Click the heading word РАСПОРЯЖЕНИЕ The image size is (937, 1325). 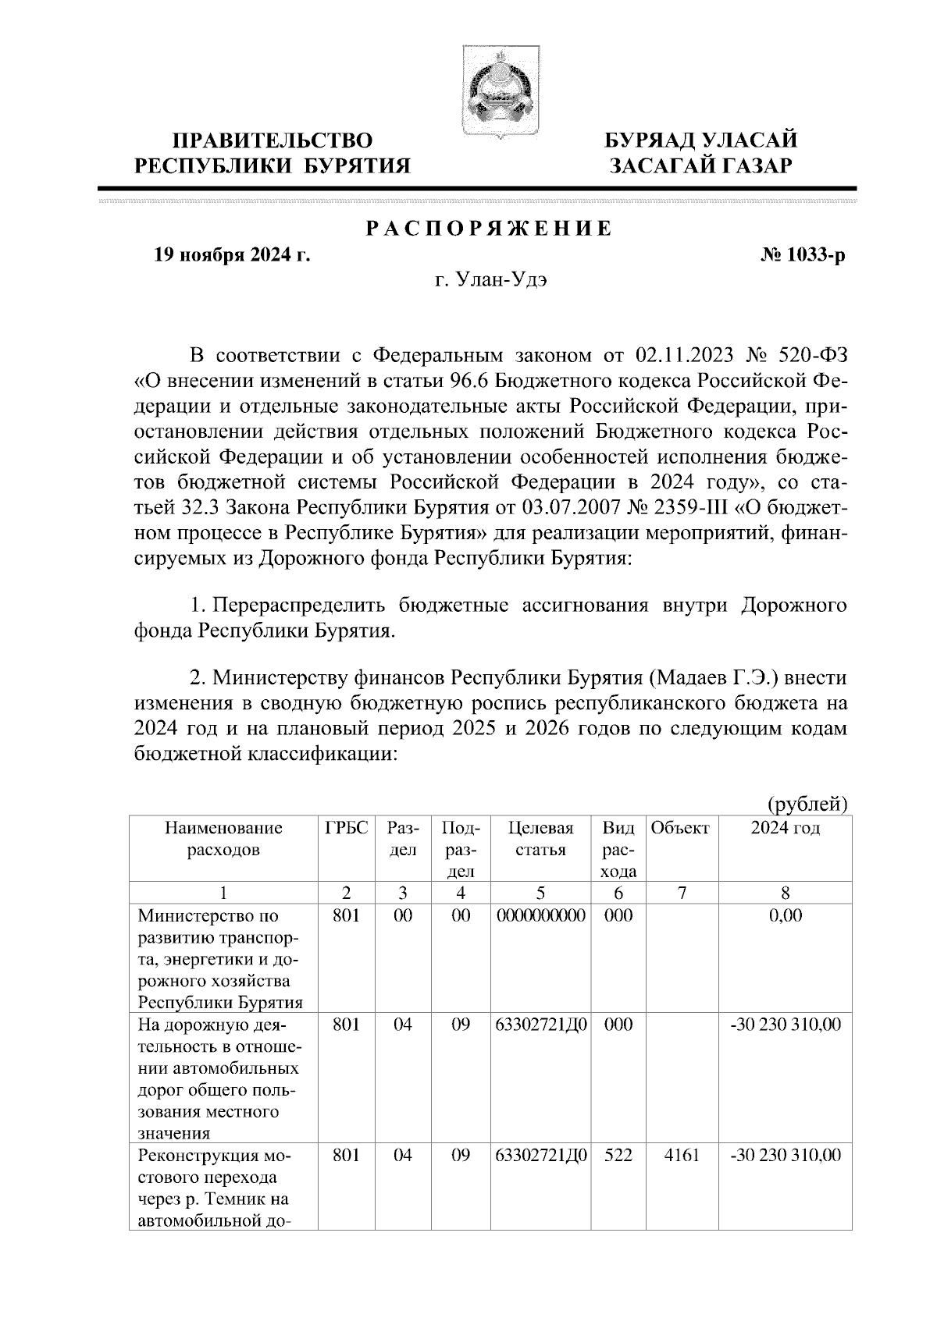[490, 229]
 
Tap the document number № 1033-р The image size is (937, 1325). [803, 254]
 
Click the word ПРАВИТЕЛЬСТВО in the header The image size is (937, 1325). [273, 141]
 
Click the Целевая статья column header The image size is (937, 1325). [540, 839]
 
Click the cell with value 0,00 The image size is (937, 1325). [785, 915]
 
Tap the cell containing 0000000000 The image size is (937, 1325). [540, 915]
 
